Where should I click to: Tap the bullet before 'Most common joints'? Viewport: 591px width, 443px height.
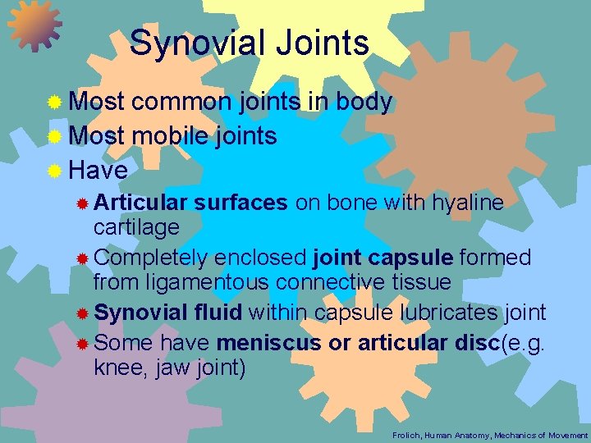55,103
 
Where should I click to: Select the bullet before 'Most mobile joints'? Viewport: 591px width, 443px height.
55,137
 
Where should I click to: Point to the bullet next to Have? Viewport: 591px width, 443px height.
55,171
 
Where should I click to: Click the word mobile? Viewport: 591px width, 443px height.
171,136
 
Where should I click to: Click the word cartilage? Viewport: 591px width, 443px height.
136,226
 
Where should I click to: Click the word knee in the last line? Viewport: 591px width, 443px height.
118,368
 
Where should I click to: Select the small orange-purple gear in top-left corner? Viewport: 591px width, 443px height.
34,26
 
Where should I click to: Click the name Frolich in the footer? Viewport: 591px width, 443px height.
405,434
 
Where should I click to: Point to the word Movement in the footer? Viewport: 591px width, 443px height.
566,434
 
